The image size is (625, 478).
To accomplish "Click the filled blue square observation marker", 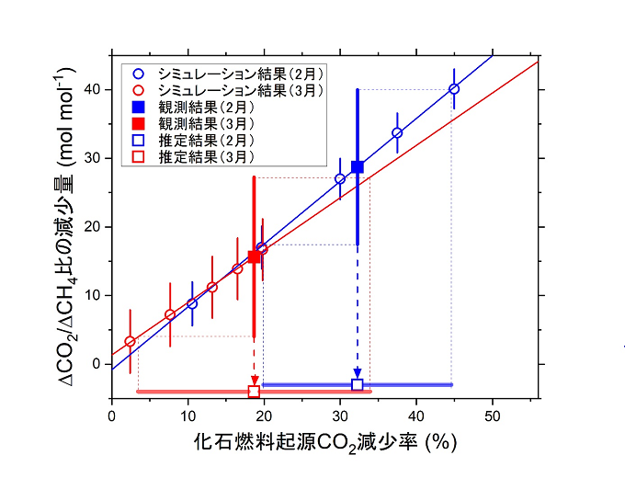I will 358,166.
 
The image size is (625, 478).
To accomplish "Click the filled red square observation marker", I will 254,256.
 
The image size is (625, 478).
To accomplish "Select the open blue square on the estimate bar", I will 358,384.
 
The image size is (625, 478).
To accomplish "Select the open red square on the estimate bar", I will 254,392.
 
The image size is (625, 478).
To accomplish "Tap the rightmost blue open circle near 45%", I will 454,89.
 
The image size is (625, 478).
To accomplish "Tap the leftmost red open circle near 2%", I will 130,341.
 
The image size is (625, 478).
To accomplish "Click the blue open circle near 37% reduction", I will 397,133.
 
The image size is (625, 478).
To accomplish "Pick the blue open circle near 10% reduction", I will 192,303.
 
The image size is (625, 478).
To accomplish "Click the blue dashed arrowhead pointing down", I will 358,372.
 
